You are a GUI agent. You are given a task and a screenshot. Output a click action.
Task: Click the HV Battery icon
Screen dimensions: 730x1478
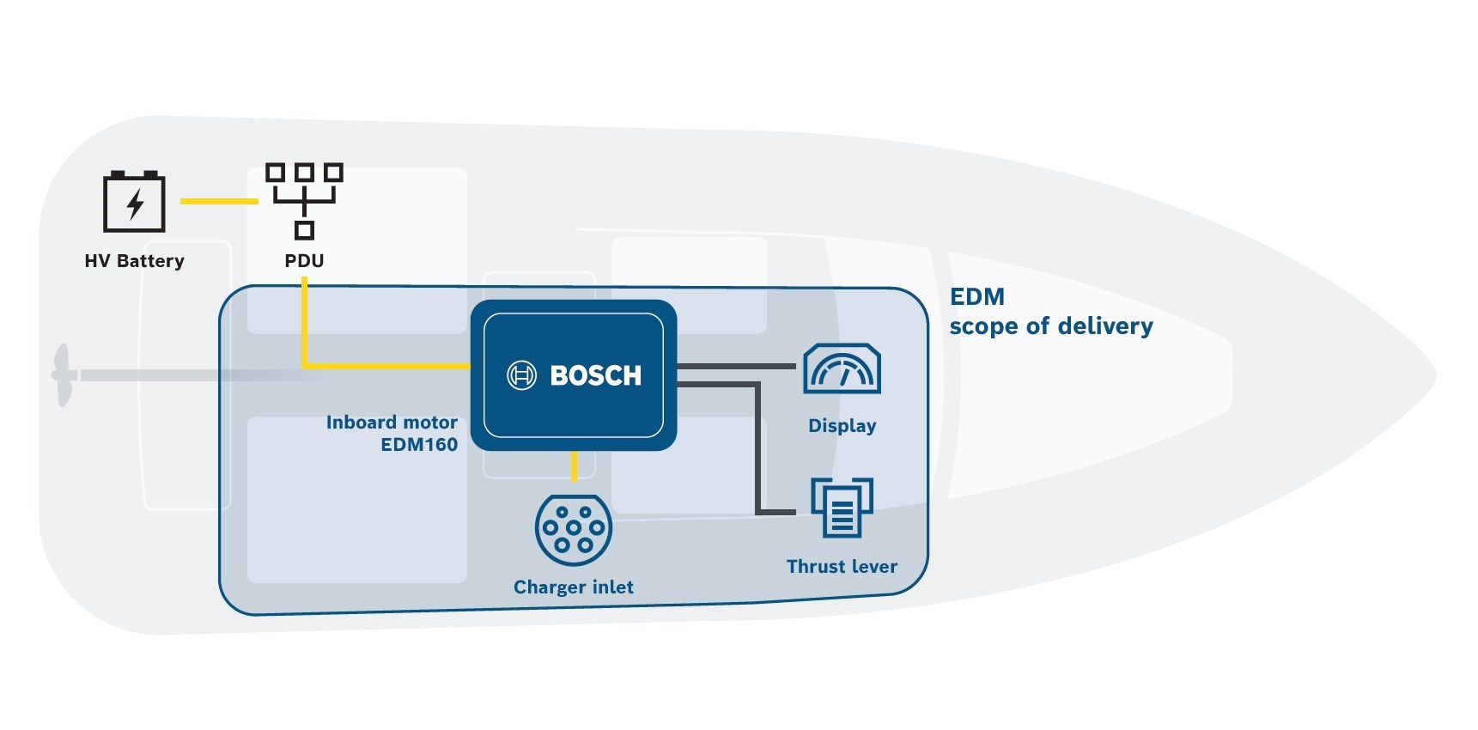click(134, 202)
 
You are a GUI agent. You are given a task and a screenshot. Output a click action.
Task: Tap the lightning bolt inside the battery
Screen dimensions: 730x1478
click(135, 204)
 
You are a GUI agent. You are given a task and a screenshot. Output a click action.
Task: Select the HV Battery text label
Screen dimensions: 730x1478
click(134, 261)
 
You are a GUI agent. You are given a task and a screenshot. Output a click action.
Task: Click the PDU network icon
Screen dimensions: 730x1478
click(304, 200)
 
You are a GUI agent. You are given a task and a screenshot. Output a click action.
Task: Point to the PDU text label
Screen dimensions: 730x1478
click(304, 261)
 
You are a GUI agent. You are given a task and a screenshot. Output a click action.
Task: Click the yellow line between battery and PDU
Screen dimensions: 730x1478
click(219, 201)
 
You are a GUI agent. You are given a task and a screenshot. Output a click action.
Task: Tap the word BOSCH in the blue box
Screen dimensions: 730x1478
click(595, 375)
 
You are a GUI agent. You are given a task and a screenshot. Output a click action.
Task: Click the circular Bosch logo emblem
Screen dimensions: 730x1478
click(521, 375)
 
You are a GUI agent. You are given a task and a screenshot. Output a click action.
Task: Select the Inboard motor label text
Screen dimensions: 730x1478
click(392, 423)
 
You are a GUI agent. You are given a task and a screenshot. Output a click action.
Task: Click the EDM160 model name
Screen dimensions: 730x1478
click(419, 445)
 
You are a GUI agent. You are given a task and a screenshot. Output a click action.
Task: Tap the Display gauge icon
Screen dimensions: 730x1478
click(842, 369)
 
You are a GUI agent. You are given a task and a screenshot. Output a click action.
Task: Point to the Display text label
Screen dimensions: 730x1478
click(842, 426)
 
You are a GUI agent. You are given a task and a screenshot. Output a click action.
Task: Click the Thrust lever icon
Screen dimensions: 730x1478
click(842, 508)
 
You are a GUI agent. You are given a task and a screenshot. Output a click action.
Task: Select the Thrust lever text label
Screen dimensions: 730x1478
click(842, 567)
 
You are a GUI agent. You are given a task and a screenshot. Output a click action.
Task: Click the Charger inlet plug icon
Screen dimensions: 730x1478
click(574, 529)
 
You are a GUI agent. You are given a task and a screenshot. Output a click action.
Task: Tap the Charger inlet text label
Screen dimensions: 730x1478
click(574, 587)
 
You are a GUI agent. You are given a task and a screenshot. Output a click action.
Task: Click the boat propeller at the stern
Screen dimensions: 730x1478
click(62, 375)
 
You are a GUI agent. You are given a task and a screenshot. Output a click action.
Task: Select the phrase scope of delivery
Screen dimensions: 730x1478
click(1051, 326)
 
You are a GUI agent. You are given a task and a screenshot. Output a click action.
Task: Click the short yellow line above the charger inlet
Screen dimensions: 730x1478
click(574, 466)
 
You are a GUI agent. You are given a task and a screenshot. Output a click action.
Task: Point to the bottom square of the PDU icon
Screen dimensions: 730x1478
click(304, 230)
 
